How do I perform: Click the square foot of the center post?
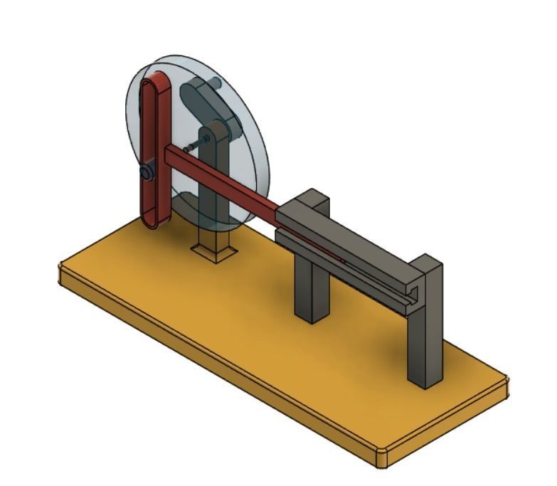pos(214,251)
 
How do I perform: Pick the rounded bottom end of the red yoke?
pos(154,220)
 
